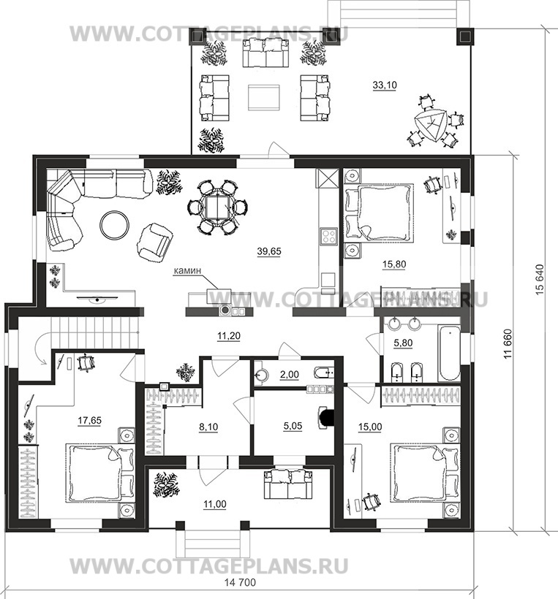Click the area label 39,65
click(269, 251)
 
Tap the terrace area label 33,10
click(385, 85)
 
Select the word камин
click(187, 271)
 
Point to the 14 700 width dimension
click(240, 583)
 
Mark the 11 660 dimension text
click(508, 344)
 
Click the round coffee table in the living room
click(114, 226)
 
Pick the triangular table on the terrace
click(431, 126)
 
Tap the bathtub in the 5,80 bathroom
click(449, 352)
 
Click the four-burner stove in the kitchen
click(328, 236)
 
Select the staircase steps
click(94, 332)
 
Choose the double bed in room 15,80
click(379, 213)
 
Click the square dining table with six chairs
click(217, 207)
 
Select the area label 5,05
click(293, 426)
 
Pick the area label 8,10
click(208, 427)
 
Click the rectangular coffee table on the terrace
click(264, 98)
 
